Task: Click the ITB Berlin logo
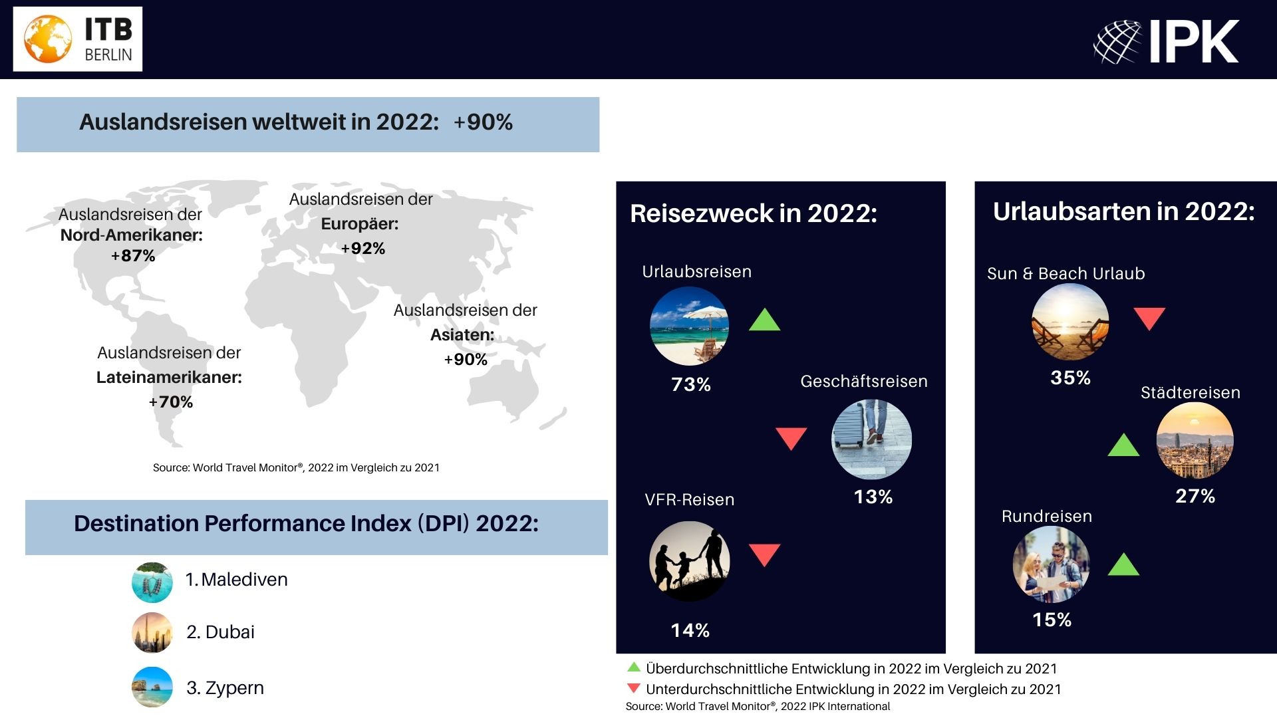78,39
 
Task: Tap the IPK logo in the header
1166,41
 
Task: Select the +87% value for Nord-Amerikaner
133,256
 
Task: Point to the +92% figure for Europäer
363,249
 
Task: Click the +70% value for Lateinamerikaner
171,402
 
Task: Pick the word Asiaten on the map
462,334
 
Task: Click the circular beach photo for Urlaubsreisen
689,326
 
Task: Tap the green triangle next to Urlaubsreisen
765,320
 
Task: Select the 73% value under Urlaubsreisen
691,384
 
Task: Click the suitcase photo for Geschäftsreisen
871,439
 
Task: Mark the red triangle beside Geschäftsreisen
791,439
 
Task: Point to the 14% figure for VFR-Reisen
690,630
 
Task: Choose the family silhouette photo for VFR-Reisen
690,562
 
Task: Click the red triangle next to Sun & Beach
1149,318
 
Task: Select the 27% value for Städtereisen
1195,496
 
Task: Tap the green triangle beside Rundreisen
1123,564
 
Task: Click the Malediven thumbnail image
152,582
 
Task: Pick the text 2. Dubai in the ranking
220,632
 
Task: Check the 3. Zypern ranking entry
225,688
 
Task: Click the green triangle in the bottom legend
634,667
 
